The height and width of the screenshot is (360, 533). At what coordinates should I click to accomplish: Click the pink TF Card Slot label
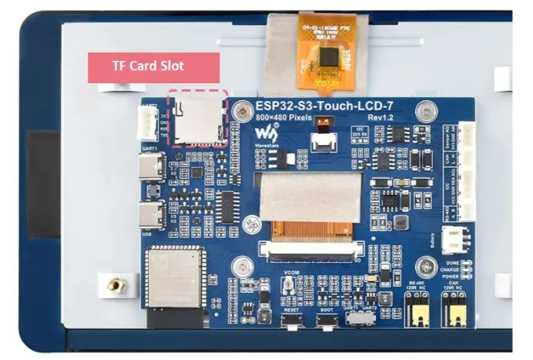click(x=153, y=66)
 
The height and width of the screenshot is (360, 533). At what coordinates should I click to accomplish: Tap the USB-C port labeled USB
click(x=150, y=213)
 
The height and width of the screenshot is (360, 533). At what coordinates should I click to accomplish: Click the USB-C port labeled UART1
click(x=150, y=168)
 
